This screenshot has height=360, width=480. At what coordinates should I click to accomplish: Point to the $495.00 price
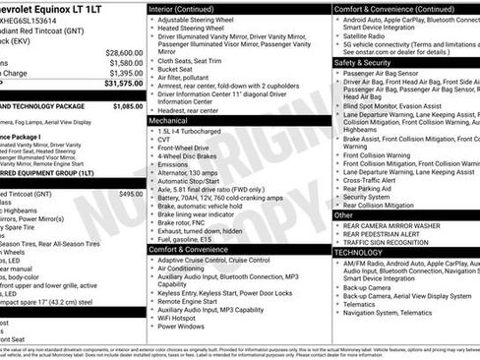(x=131, y=194)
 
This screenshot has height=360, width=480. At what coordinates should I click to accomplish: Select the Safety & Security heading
(x=368, y=61)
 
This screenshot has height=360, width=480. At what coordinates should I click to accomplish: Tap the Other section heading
(x=343, y=214)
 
